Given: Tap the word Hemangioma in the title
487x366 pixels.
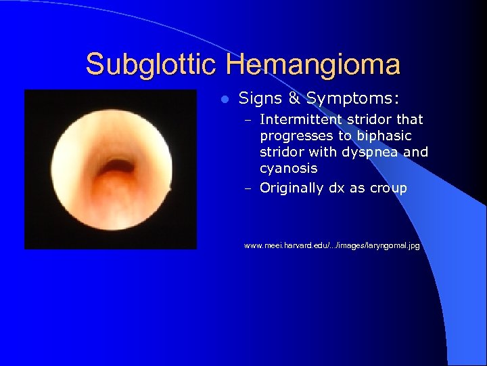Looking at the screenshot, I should (313, 65).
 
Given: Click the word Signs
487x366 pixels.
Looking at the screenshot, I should (260, 99).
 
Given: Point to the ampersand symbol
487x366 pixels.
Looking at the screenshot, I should (294, 99).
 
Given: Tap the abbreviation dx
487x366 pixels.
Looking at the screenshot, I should (336, 188).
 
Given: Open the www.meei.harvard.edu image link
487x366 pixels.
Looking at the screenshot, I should (331, 245).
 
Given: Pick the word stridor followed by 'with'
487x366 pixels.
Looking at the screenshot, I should (282, 152).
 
